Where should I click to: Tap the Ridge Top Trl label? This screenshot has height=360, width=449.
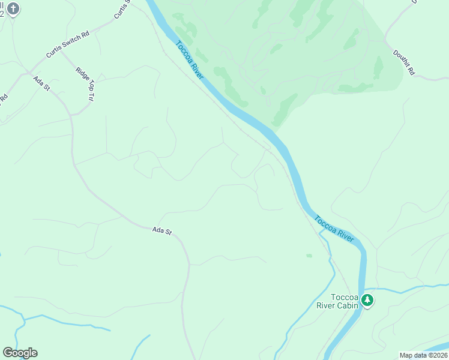85,83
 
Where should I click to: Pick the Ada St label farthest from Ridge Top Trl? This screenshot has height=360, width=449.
162,230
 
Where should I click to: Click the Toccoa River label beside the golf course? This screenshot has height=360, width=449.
190,59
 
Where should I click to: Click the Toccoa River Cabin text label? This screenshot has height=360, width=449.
337,301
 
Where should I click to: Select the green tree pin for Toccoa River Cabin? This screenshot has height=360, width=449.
367,299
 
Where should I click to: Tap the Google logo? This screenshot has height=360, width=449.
20,353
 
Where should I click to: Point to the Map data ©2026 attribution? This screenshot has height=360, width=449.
423,355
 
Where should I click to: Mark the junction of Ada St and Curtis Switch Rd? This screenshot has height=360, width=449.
27,74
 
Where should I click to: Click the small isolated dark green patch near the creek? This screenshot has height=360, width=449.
309,256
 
